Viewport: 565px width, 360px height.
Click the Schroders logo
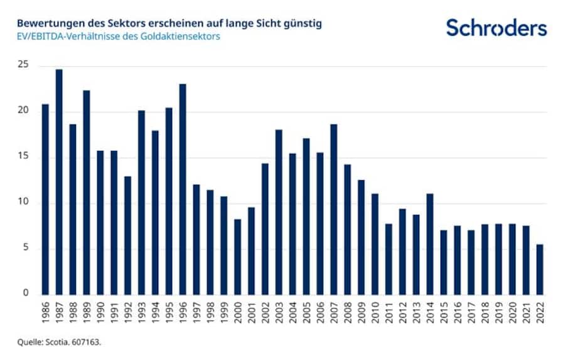tap(496, 28)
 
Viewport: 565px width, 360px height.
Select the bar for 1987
tap(59, 182)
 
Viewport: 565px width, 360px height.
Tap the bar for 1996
tap(183, 189)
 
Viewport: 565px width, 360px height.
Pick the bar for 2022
tap(540, 270)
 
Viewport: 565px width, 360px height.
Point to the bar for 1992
tap(127, 235)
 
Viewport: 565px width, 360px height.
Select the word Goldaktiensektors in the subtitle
tap(182, 36)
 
